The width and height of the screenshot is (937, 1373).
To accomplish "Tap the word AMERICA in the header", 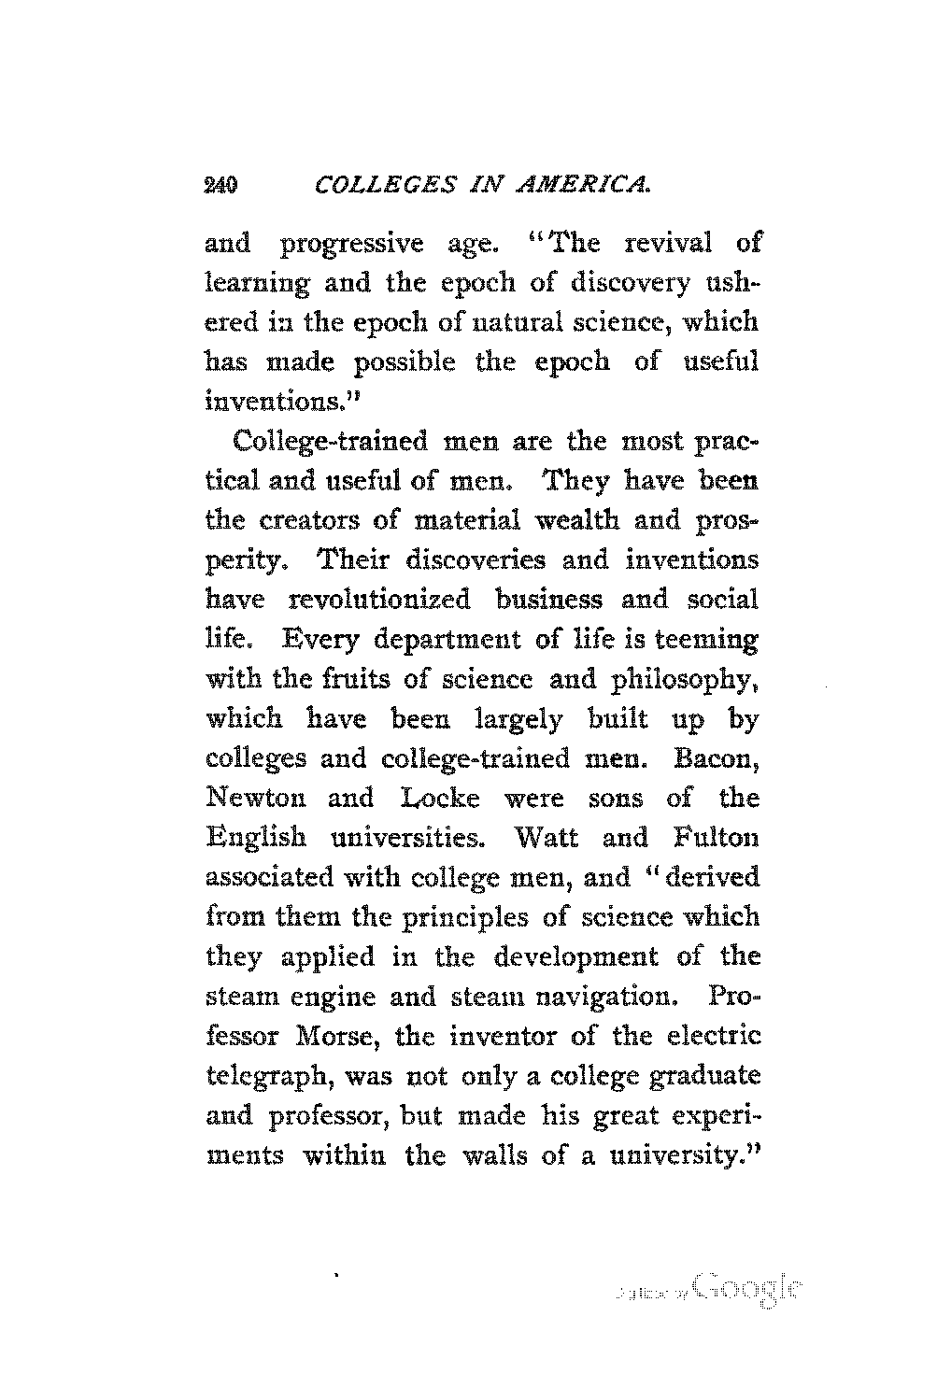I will pyautogui.click(x=581, y=187).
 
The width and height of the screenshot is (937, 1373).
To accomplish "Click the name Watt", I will pyautogui.click(x=547, y=838).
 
